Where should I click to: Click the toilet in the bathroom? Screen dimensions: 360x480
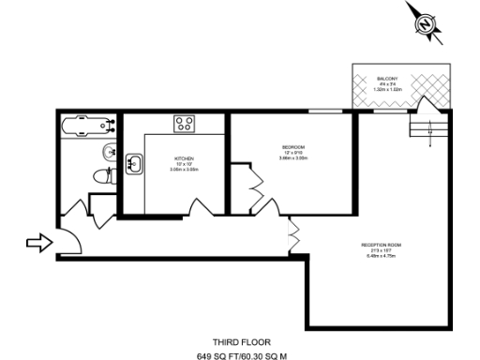[x=103, y=174]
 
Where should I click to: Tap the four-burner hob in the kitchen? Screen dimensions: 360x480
[x=184, y=124]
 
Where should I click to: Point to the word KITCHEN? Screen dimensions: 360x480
[x=183, y=158]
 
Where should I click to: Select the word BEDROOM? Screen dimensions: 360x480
[x=292, y=147]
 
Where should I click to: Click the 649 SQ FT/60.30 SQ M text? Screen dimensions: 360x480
[x=240, y=356]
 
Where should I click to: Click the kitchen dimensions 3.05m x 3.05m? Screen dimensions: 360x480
[x=183, y=170]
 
